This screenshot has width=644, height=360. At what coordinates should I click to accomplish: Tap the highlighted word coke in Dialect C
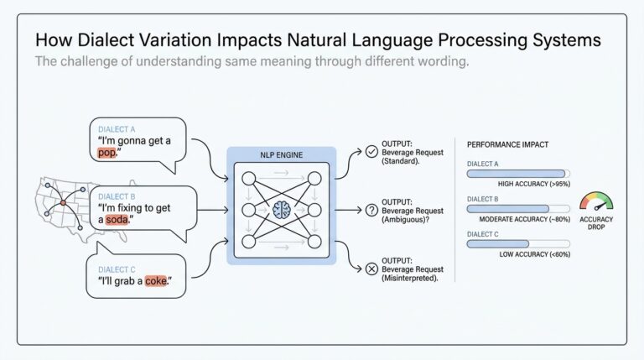click(156, 281)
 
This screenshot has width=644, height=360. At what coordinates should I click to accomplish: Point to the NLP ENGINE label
click(282, 156)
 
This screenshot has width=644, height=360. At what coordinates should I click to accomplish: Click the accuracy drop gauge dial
click(596, 202)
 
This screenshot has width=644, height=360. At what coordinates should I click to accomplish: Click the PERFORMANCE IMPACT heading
click(507, 144)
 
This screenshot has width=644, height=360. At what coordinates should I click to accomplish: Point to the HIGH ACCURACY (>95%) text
click(534, 184)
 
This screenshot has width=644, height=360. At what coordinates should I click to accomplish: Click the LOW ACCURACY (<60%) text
click(534, 254)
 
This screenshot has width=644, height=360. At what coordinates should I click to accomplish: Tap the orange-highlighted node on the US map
click(61, 202)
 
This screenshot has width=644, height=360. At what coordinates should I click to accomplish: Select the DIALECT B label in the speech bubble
click(116, 196)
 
